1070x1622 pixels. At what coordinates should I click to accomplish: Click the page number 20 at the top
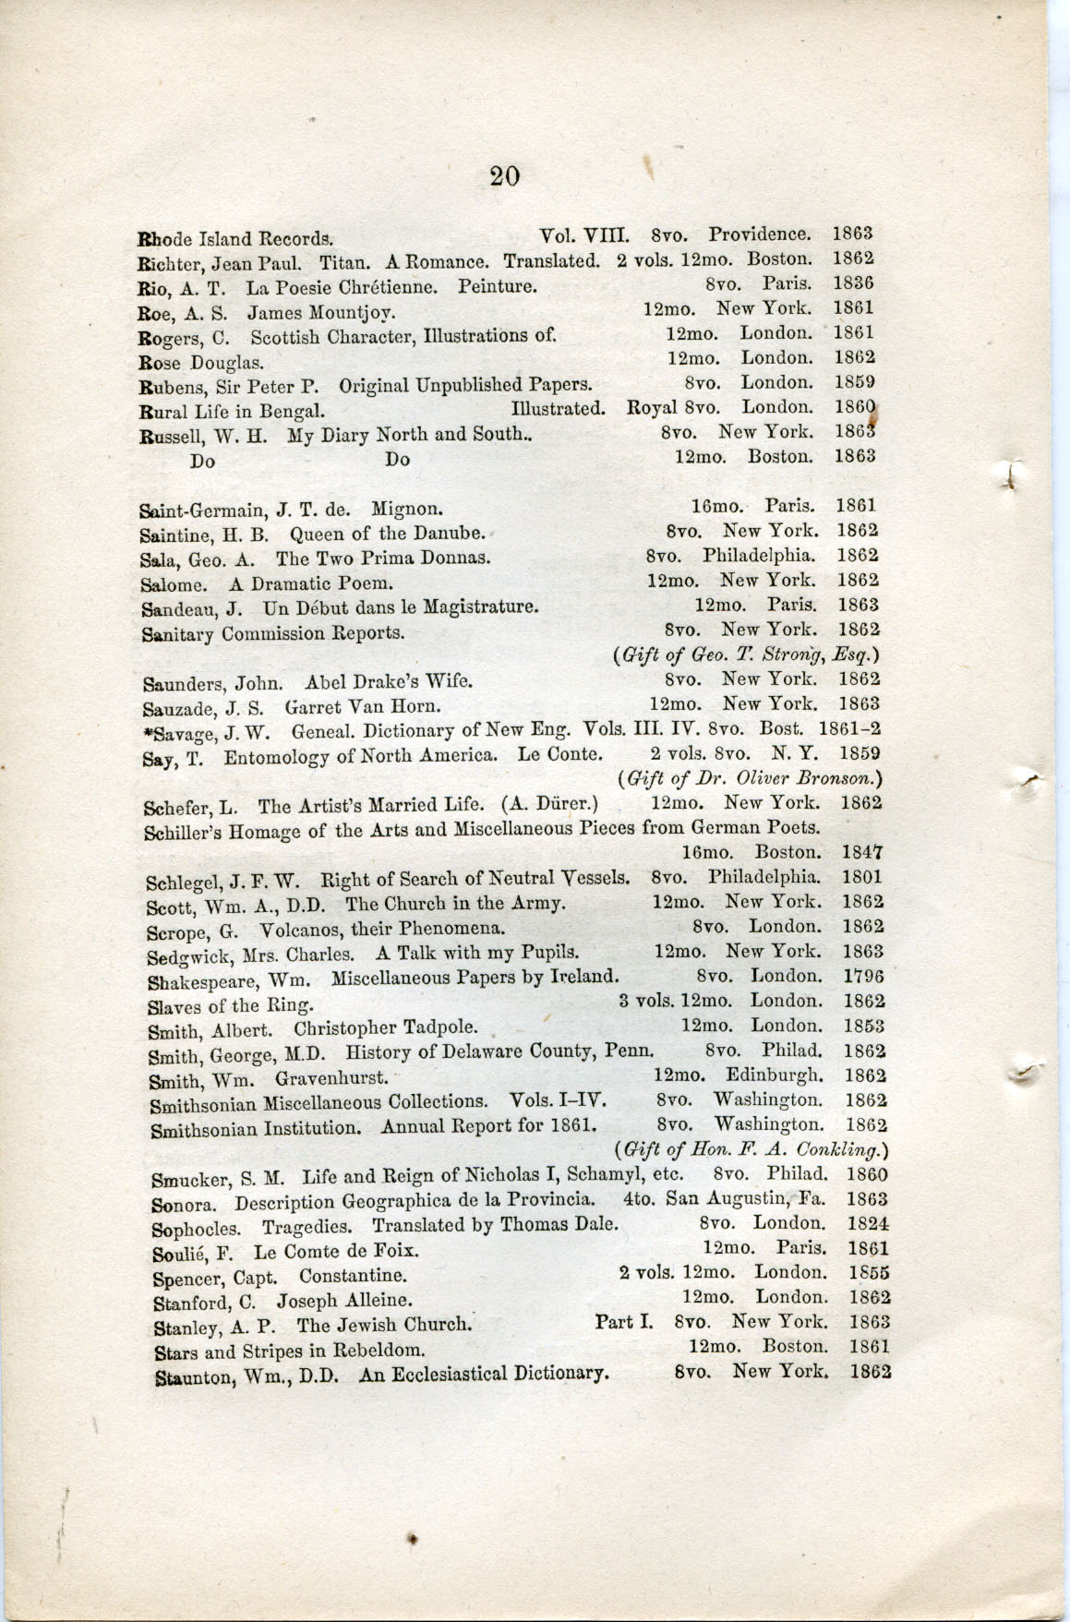505,175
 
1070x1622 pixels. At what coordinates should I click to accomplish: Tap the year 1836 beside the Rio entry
854,282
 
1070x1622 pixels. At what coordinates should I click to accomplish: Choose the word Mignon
408,508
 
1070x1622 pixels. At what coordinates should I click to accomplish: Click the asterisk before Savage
145,732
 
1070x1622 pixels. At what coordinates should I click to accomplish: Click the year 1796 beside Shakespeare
864,976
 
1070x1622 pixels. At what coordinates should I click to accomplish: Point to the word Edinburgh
775,1075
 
